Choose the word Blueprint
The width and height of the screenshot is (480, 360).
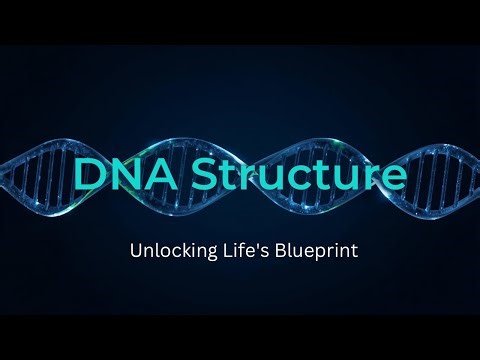point(311,250)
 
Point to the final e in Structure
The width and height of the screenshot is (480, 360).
point(393,177)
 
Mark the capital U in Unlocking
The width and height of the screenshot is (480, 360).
point(136,250)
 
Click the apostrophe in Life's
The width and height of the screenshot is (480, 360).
point(249,245)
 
